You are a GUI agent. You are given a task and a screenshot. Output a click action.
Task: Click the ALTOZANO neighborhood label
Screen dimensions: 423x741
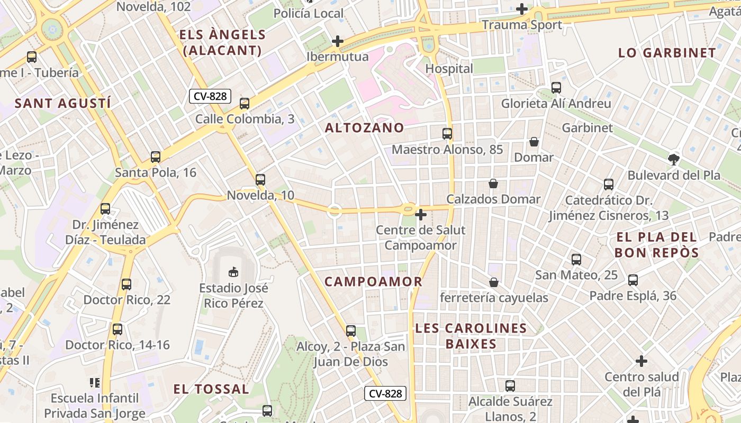point(364,128)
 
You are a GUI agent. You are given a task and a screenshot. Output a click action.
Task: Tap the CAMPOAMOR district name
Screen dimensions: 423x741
point(373,282)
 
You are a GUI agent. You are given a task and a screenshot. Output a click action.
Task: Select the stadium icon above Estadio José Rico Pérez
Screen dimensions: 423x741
point(233,272)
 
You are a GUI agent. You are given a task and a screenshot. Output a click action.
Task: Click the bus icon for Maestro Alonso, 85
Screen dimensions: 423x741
point(447,134)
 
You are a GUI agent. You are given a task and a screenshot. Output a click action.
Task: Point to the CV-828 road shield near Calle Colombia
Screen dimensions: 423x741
point(210,96)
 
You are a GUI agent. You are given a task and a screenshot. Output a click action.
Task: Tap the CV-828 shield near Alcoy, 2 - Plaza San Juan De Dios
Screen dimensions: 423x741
point(385,393)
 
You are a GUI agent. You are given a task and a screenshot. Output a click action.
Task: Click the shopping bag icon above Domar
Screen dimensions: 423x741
point(534,142)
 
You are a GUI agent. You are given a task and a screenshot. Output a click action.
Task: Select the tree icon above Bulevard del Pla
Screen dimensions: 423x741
point(673,159)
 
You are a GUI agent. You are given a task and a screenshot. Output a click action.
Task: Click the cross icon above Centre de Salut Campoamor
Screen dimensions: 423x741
point(421,215)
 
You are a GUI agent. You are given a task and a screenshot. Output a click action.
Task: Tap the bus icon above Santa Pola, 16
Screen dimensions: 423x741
point(155,157)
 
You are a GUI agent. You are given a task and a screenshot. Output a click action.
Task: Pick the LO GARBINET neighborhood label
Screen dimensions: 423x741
point(667,53)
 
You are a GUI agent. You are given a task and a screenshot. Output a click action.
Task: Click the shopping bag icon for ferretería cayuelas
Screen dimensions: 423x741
point(494,282)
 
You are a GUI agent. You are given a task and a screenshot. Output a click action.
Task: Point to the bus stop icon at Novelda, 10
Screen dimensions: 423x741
point(260,180)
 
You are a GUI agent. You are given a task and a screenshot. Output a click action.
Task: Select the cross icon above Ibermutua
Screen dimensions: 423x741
point(337,41)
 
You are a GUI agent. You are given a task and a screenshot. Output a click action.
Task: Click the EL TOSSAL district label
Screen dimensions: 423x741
point(211,390)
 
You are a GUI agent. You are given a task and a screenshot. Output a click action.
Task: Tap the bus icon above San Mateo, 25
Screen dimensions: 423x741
point(576,260)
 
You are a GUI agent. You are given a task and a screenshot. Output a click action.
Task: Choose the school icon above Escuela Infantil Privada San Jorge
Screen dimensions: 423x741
point(95,382)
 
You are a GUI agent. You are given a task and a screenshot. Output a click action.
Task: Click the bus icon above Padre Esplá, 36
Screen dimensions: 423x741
point(632,280)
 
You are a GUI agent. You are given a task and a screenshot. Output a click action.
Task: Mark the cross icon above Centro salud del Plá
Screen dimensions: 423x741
point(641,362)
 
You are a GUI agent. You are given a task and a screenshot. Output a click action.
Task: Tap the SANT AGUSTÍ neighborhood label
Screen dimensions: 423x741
point(63,103)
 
